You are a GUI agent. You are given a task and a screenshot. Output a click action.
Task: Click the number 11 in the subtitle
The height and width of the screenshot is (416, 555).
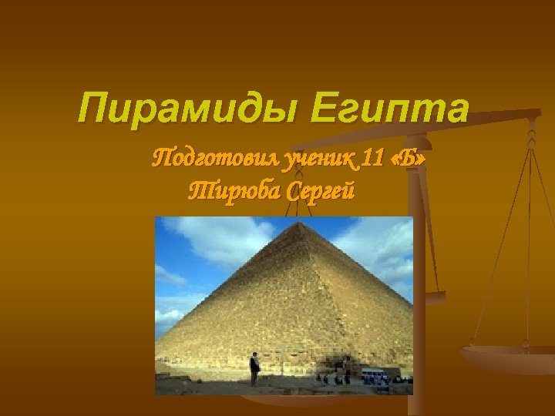pos(372,159)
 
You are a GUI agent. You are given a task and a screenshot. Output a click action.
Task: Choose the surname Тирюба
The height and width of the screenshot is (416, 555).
pos(233,190)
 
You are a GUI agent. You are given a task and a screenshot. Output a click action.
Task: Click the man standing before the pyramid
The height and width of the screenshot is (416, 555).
pos(254,368)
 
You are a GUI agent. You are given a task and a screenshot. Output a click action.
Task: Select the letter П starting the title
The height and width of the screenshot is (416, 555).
pos(92,109)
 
